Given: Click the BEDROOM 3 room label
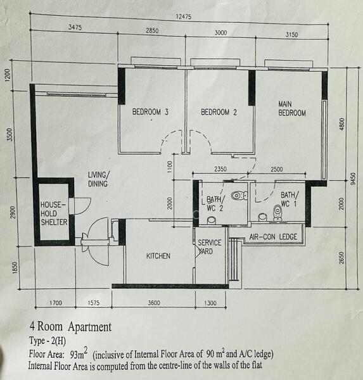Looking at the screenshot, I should [150, 113].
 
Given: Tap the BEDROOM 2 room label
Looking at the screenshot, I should [219, 113].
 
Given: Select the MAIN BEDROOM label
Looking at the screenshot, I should [291, 108].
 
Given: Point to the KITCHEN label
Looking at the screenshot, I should [158, 256].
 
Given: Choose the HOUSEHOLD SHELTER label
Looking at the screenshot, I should [53, 214].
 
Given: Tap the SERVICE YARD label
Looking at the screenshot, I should [209, 247].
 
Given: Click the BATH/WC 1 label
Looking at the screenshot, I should [289, 199].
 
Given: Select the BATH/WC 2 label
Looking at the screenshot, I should [214, 203].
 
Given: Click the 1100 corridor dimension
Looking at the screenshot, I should [169, 167].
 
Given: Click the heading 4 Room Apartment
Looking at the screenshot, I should [70, 327].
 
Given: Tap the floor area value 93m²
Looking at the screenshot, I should [80, 353].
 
